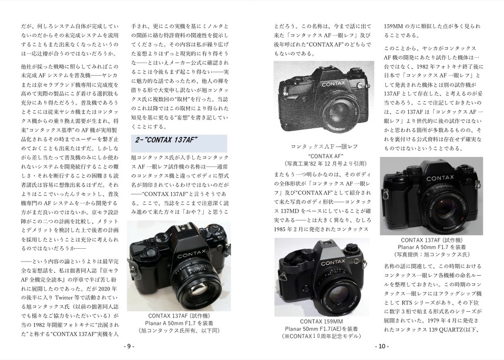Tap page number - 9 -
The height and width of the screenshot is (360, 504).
(x=129, y=346)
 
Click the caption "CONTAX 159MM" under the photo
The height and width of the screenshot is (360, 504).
(x=321, y=321)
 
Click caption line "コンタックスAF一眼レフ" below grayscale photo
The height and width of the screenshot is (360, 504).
(x=324, y=147)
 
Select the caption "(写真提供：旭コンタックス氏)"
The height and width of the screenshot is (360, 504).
(x=432, y=255)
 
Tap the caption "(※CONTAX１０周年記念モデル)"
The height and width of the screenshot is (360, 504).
(x=321, y=336)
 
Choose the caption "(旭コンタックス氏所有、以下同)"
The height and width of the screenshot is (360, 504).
(x=179, y=330)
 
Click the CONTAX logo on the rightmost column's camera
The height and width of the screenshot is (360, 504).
(x=440, y=178)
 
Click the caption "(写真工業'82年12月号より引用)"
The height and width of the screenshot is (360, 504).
(x=325, y=163)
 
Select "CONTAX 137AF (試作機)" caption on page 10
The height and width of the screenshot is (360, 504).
(x=432, y=240)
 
